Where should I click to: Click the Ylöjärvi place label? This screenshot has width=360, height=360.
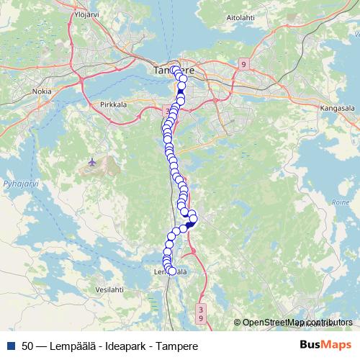[x=87, y=14]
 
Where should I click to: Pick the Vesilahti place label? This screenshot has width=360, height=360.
[x=109, y=289]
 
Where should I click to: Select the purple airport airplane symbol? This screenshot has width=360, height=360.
[x=91, y=161]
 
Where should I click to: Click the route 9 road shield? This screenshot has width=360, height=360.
[x=244, y=65]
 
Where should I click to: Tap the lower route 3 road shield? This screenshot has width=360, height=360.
[x=201, y=308]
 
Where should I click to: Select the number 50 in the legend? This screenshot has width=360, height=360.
[x=27, y=346]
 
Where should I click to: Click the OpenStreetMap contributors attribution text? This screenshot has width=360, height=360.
[x=296, y=323]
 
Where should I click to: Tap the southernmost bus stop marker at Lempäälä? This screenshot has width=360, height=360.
[x=172, y=271]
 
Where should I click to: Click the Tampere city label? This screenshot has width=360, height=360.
[x=169, y=71]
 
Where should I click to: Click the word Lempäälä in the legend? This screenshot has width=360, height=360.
[x=66, y=346]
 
